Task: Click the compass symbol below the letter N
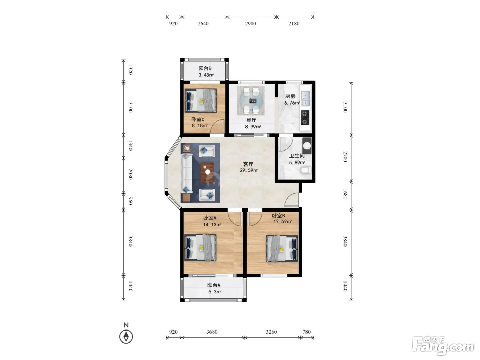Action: coord(126,337)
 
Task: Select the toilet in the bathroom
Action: coord(306,170)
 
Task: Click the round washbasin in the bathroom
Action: coord(307,145)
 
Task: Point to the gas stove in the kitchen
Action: coord(305,118)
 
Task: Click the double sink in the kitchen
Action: coord(305,98)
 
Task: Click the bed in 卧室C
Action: coord(201,100)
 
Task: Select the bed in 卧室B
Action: coord(282,248)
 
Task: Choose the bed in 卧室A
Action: coord(201,248)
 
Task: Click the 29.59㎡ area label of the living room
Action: coord(249,170)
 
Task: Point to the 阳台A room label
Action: coord(214,285)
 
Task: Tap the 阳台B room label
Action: coord(205,68)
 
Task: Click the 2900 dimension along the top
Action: coord(250,24)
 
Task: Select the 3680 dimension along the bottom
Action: coord(212,332)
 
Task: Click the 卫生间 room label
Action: coord(297,156)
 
